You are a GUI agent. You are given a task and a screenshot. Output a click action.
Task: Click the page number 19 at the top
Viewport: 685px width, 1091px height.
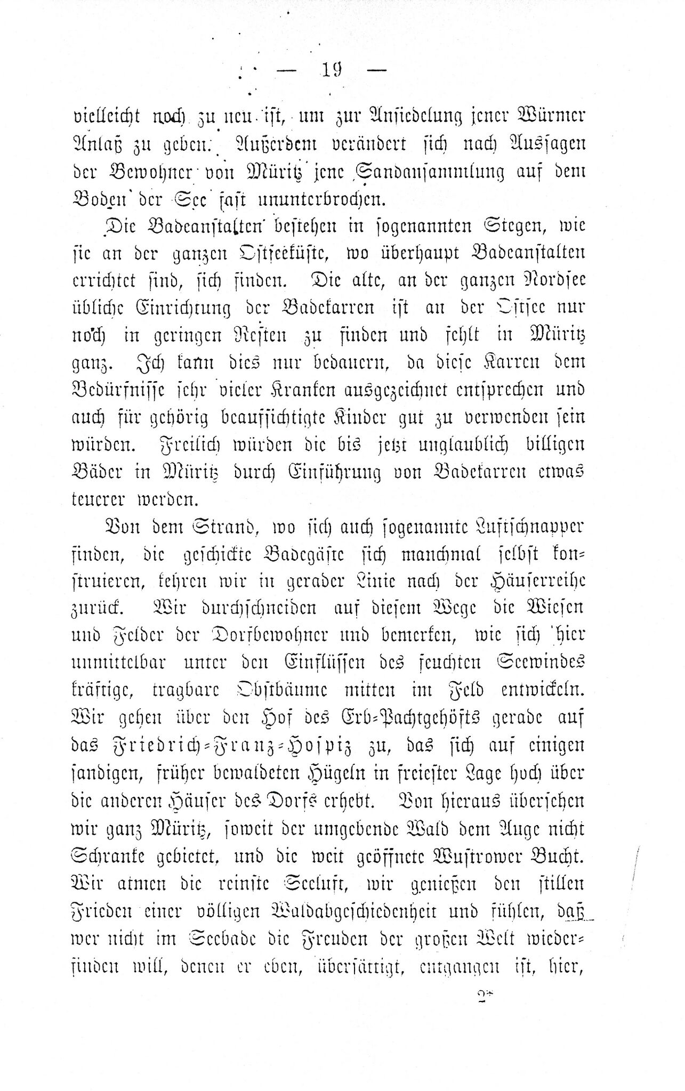tap(332, 70)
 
